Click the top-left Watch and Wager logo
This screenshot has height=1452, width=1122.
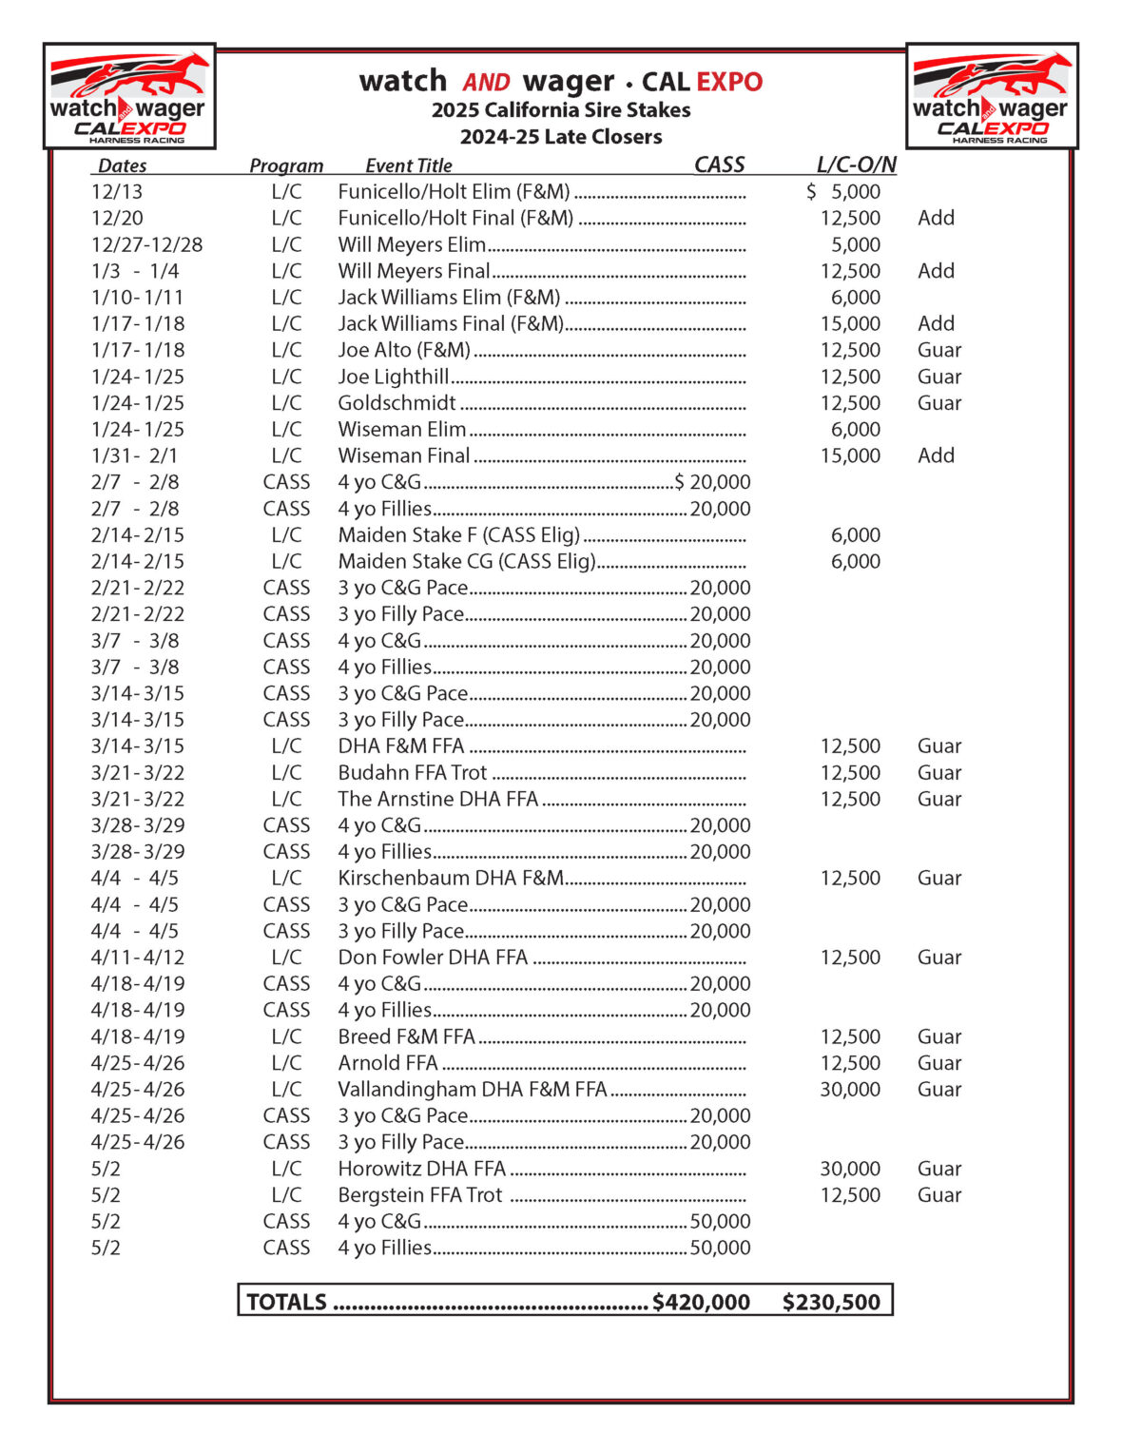[129, 97]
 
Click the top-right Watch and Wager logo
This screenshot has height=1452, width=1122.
[992, 97]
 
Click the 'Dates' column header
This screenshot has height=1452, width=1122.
[122, 165]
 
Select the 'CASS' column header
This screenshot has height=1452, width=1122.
[719, 165]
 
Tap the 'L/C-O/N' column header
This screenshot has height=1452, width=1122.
[856, 165]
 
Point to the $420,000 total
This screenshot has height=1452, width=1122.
[701, 1302]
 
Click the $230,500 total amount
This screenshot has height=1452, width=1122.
[831, 1302]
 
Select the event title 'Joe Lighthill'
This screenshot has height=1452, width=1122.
[393, 377]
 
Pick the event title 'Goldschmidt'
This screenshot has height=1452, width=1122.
[397, 403]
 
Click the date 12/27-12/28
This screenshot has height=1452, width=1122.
[146, 244]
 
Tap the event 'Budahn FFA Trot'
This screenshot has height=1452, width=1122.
[412, 773]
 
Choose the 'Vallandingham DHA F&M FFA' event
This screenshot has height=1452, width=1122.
[472, 1090]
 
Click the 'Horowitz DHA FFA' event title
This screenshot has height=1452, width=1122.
[421, 1169]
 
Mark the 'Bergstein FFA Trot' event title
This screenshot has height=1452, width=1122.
[419, 1195]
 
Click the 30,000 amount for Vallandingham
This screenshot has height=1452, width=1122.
[850, 1090]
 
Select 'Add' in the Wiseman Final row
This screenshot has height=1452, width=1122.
[936, 455]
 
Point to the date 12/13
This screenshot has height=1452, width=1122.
[117, 192]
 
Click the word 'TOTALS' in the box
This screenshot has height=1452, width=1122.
[286, 1302]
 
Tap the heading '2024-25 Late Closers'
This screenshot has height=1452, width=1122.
[561, 137]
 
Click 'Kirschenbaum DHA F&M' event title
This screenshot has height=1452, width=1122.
[451, 879]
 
